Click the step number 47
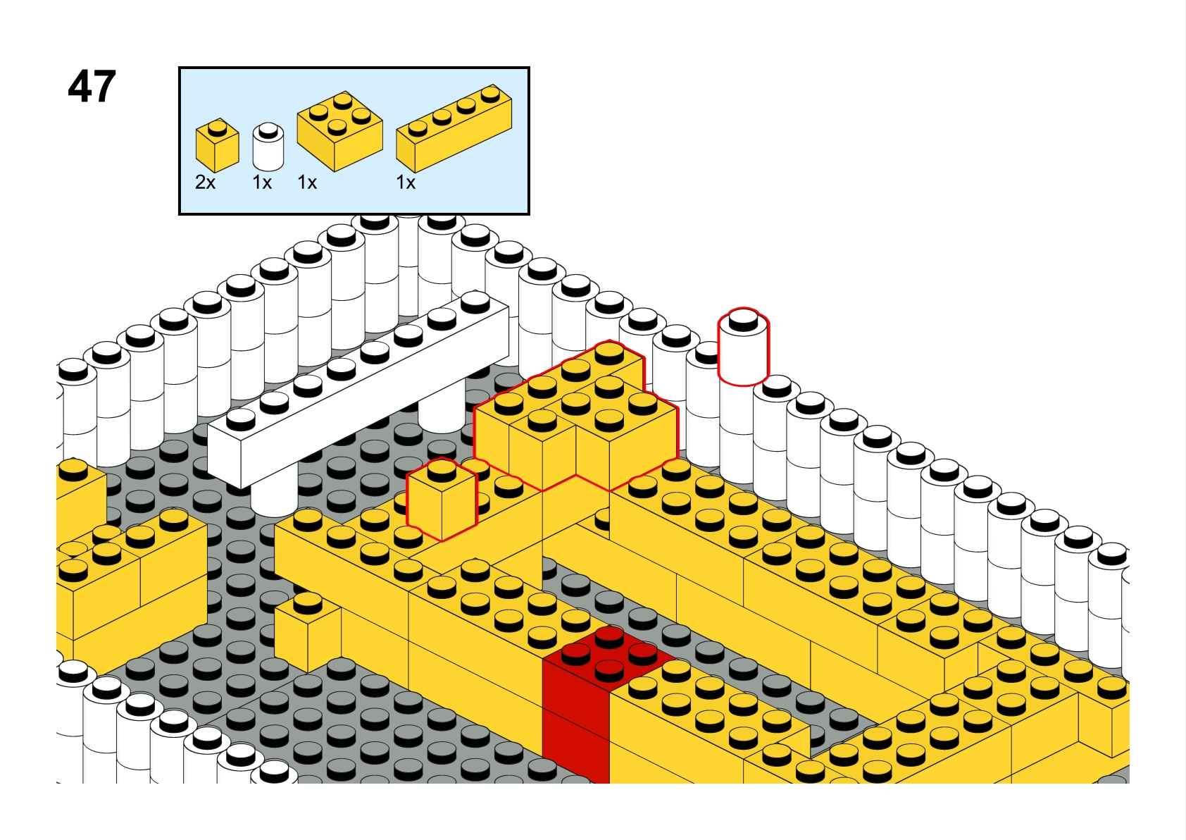pyautogui.click(x=92, y=87)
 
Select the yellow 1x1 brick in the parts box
pyautogui.click(x=217, y=144)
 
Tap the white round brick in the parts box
pyautogui.click(x=268, y=147)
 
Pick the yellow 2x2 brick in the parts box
pyautogui.click(x=340, y=131)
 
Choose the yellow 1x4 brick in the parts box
pyautogui.click(x=454, y=128)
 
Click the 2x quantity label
pyautogui.click(x=206, y=183)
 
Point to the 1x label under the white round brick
pyautogui.click(x=262, y=183)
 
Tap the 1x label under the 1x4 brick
pyautogui.click(x=406, y=183)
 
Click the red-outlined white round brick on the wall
pyautogui.click(x=744, y=347)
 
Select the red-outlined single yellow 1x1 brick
pyautogui.click(x=442, y=500)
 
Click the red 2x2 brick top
pyautogui.click(x=609, y=655)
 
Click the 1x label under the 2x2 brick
pyautogui.click(x=307, y=183)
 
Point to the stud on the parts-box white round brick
pyautogui.click(x=268, y=130)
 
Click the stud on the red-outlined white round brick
pyautogui.click(x=744, y=321)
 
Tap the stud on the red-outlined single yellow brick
pyautogui.click(x=442, y=470)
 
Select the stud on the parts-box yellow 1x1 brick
pyautogui.click(x=217, y=128)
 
